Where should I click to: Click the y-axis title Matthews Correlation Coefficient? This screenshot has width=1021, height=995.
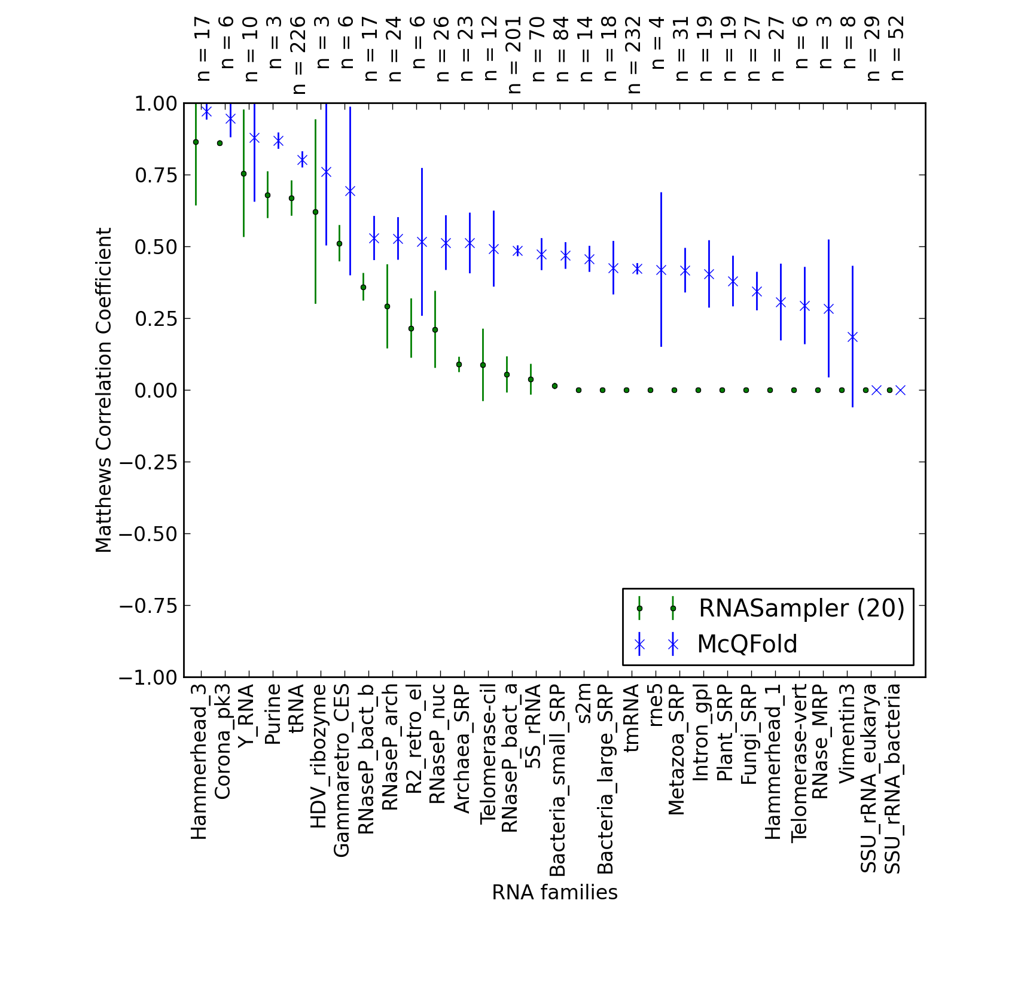[x=103, y=390]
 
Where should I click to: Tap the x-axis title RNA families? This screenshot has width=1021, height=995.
[x=554, y=892]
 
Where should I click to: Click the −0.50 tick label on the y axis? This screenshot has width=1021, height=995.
[x=148, y=534]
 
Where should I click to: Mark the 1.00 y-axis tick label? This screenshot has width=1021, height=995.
[x=156, y=103]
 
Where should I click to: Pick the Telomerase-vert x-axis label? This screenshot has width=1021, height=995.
[x=799, y=763]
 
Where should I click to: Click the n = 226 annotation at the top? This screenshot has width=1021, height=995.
[x=299, y=55]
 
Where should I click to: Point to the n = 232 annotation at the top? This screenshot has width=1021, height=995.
[x=634, y=55]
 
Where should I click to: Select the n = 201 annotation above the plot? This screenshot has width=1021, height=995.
[x=514, y=55]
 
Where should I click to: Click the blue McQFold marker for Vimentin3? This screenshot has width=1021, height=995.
[x=852, y=337]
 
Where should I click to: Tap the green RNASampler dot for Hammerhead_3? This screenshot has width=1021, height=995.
[x=196, y=142]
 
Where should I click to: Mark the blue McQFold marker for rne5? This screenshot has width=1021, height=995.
[x=661, y=270]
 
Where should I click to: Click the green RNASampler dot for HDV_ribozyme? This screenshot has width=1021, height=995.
[x=315, y=212]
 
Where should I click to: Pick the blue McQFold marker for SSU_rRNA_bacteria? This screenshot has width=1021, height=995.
[x=900, y=390]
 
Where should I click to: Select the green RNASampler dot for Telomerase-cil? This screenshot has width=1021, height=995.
[x=483, y=365]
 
